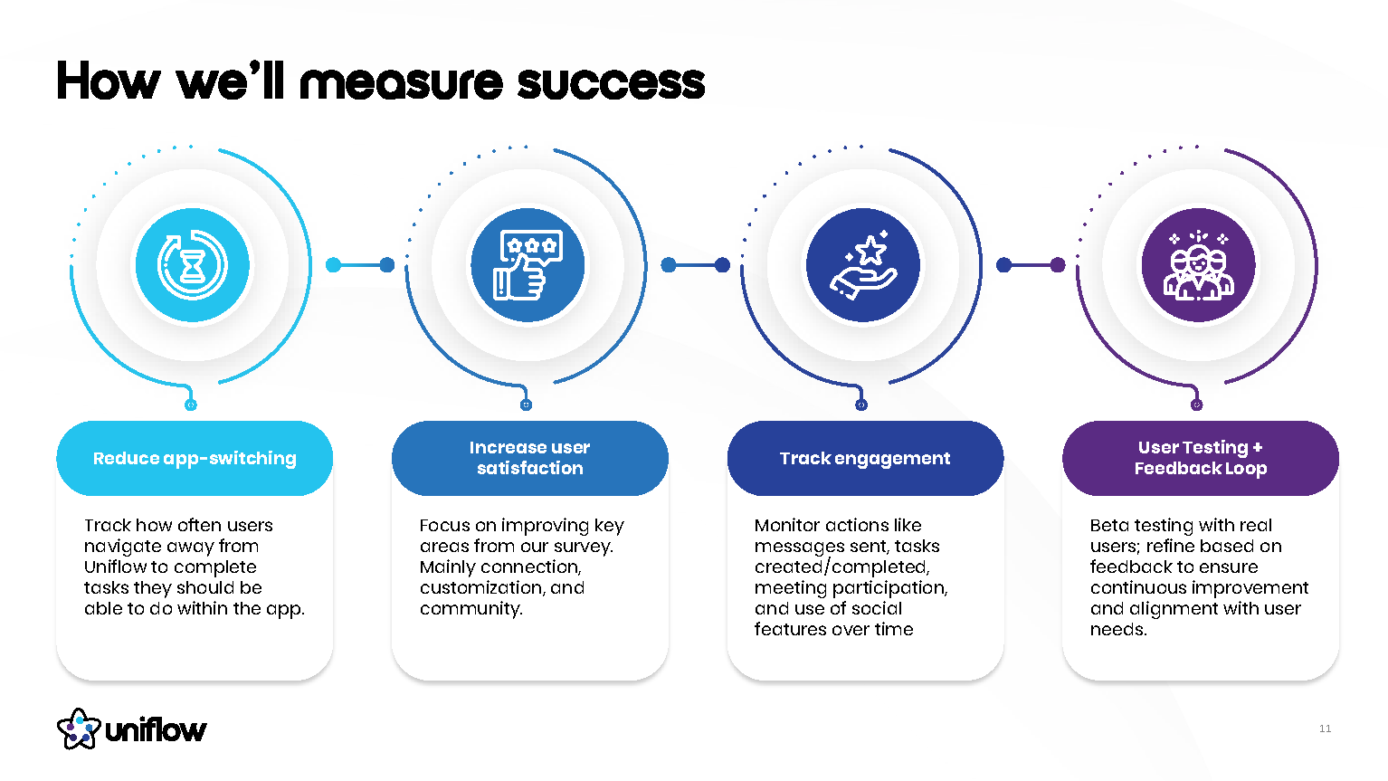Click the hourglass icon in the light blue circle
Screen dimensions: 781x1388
(193, 265)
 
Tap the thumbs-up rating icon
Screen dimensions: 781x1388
(528, 265)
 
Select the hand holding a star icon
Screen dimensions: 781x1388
(863, 265)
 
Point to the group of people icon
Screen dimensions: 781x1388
(1198, 265)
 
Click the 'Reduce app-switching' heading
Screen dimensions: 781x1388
(195, 459)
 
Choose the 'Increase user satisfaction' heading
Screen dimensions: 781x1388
(529, 458)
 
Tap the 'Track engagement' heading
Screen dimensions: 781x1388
(865, 459)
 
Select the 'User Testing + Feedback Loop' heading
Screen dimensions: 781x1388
(1200, 458)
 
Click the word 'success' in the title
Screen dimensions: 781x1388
(611, 82)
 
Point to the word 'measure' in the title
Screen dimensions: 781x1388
(401, 82)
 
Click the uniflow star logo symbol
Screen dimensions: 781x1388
(78, 729)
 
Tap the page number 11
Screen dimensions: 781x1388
(1325, 729)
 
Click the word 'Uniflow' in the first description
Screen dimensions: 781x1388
(115, 567)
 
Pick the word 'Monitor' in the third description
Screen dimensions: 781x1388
(787, 526)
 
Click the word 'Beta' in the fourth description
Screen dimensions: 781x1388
(1109, 526)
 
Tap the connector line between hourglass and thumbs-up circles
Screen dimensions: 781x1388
(360, 265)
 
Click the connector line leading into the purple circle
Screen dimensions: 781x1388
(1031, 265)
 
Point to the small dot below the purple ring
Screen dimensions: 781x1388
(1196, 405)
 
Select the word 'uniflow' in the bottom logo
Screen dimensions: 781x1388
(156, 730)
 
